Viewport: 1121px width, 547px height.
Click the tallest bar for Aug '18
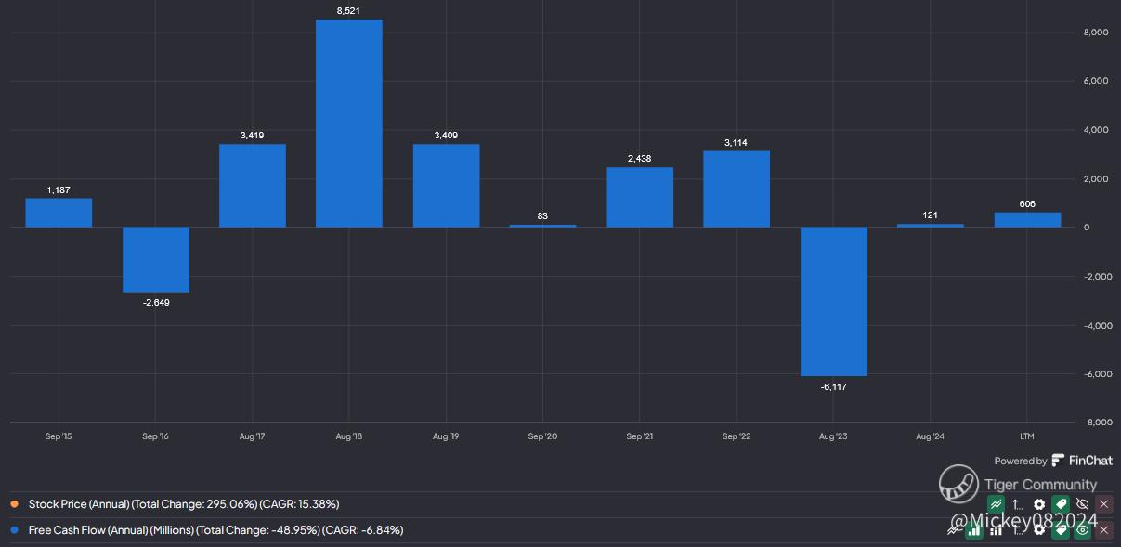point(349,124)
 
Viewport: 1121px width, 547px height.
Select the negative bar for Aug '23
point(834,302)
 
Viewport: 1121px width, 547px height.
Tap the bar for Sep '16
point(156,259)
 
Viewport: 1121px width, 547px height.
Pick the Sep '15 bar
point(59,213)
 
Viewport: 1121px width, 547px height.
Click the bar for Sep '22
point(736,189)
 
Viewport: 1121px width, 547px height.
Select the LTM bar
point(1027,220)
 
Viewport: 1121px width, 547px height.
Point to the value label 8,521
point(349,11)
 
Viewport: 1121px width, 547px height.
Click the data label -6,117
point(834,386)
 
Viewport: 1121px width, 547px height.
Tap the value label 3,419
point(252,136)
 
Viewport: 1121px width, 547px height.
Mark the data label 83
point(542,216)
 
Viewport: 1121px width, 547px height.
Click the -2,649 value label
point(156,303)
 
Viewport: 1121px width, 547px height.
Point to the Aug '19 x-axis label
point(446,436)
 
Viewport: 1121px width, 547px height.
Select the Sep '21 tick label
point(640,436)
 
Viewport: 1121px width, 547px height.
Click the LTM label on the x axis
point(1027,436)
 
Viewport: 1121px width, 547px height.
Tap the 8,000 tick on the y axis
point(1096,33)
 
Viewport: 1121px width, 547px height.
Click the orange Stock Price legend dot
point(15,504)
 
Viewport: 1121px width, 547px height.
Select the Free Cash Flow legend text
point(215,530)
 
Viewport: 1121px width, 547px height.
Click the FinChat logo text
point(1090,461)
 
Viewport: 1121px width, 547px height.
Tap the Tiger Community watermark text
point(1040,485)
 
